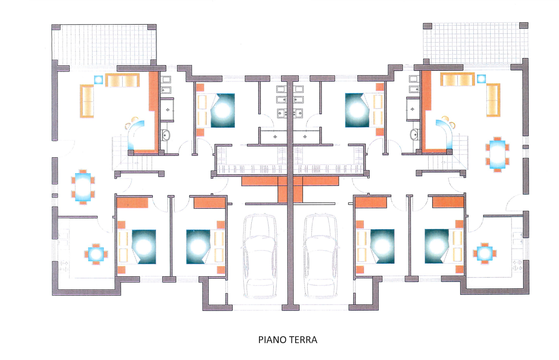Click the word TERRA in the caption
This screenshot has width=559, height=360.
point(302,340)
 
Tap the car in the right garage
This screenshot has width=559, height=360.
point(321,256)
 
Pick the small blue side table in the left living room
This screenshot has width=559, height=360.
point(98,80)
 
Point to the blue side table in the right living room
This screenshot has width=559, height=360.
point(481,79)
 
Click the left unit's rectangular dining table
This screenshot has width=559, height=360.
point(83,187)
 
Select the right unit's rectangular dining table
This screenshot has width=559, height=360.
point(497,154)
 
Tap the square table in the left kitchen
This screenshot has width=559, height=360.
point(96,254)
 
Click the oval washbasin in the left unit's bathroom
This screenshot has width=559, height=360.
point(165,135)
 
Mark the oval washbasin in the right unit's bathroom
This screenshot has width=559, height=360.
point(414,134)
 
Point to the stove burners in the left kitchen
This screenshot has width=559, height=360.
point(64,266)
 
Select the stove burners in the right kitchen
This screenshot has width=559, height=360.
point(517,265)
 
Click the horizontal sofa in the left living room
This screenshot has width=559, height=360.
point(122,80)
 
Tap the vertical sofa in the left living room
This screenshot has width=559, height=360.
point(87,101)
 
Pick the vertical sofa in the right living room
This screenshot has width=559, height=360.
point(493,100)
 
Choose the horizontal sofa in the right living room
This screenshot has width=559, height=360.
point(457,79)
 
